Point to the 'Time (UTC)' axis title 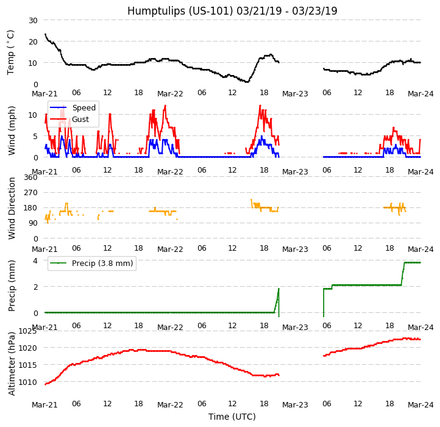click(232, 417)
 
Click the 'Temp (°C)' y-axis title click(11, 52)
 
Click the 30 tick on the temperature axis click(32, 20)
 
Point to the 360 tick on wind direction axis click(30, 178)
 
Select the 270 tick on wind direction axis click(30, 193)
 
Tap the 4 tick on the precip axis click(35, 261)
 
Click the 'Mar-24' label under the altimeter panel click(420, 405)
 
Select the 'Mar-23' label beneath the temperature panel click(295, 94)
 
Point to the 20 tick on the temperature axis click(32, 41)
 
